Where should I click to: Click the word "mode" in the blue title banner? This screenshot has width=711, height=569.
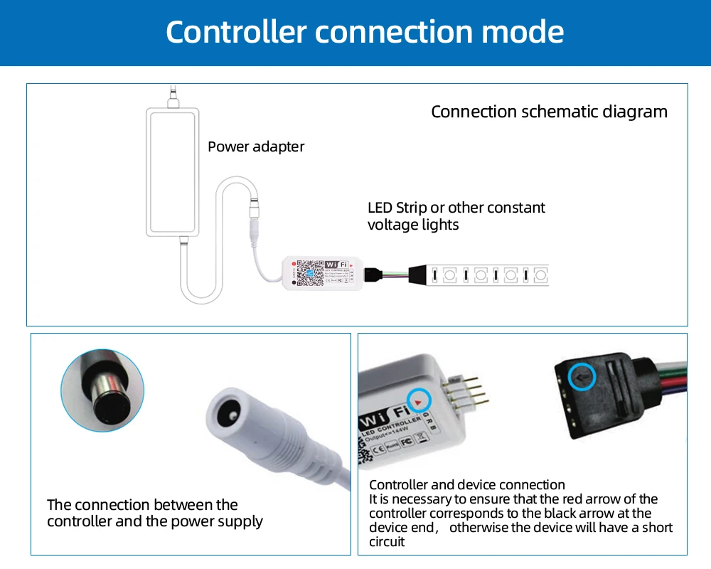point(523,32)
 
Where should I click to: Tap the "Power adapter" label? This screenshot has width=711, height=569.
point(256,147)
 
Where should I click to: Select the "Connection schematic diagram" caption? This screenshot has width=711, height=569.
point(549,112)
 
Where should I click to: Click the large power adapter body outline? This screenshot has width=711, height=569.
point(173,171)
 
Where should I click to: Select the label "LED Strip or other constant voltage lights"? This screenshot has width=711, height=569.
point(456,216)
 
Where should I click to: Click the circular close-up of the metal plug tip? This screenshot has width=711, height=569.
point(102,390)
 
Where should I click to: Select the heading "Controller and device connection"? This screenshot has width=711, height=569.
point(466,485)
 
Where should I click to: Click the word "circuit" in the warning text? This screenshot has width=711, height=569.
point(387,542)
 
